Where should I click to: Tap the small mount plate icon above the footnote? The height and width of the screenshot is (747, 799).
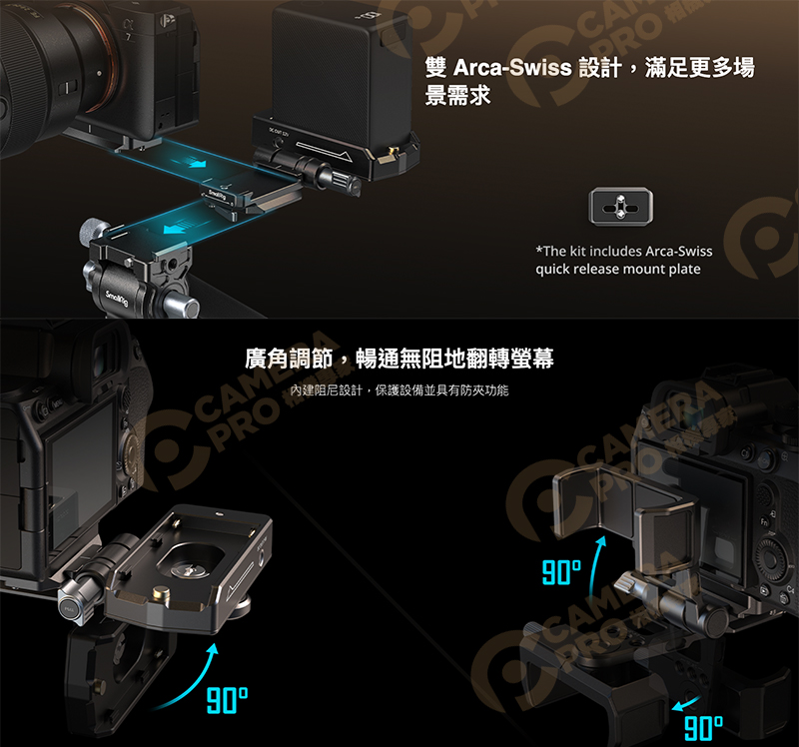pos(622,205)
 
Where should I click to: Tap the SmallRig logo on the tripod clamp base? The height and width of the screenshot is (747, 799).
pos(116,293)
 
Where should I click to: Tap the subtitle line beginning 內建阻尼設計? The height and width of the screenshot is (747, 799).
pos(399,389)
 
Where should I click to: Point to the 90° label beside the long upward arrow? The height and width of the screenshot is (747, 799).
pos(561,572)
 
